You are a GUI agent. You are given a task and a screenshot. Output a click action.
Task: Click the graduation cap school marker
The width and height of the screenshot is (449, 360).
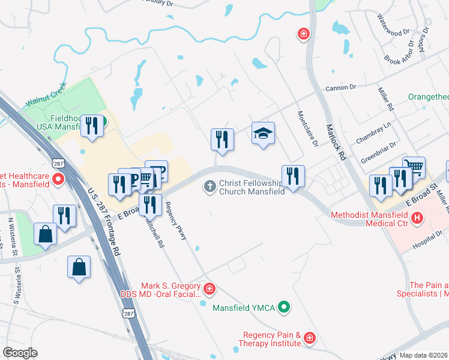coord(263,133)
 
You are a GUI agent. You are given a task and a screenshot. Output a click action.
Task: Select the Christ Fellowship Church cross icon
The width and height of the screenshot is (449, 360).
coord(210,187)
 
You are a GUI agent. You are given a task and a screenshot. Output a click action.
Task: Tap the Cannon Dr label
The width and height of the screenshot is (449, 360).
coord(340,88)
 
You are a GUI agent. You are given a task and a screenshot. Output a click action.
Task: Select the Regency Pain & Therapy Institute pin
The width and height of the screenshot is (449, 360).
coord(309,339)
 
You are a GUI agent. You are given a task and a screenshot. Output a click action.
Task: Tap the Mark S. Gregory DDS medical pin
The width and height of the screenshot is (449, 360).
coord(209,290)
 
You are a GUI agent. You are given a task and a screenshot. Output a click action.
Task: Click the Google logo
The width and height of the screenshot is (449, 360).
coord(20,352)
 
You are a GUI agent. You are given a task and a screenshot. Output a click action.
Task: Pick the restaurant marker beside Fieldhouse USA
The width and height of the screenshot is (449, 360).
coord(91,126)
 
